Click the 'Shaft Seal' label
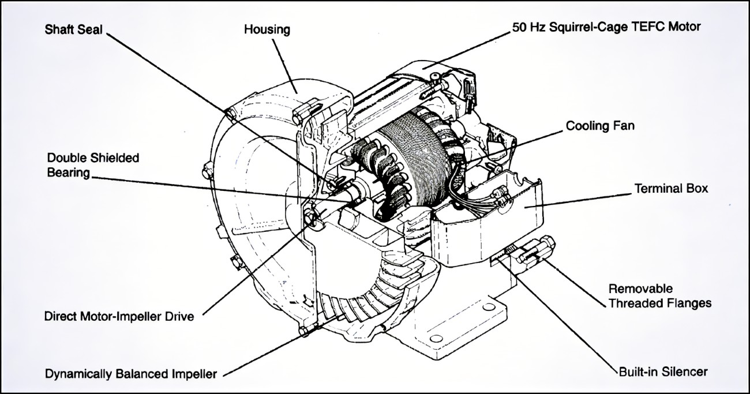[73, 29]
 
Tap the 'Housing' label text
[267, 29]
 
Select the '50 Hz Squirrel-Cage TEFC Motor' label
[606, 27]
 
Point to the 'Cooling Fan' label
[599, 125]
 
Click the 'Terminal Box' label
[671, 189]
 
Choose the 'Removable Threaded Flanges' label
[660, 295]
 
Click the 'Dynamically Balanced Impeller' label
[131, 374]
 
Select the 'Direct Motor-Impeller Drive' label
[119, 316]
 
